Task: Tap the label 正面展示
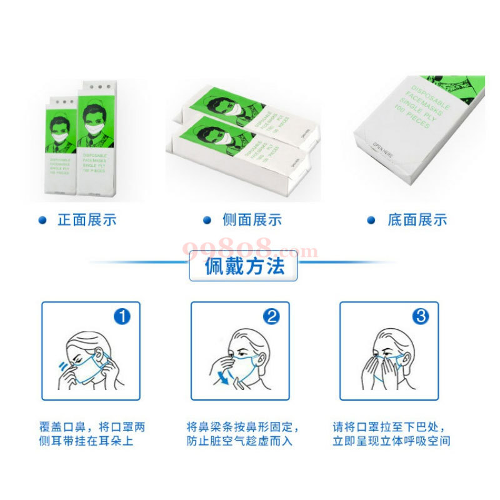click(87, 220)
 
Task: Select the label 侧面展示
click(252, 220)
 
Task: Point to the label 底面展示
click(417, 220)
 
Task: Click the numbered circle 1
click(122, 317)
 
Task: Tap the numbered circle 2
click(272, 317)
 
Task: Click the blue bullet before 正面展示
click(42, 220)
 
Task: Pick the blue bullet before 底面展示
click(371, 220)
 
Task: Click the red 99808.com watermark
click(250, 250)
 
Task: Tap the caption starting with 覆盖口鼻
click(91, 434)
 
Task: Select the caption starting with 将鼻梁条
click(243, 434)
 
